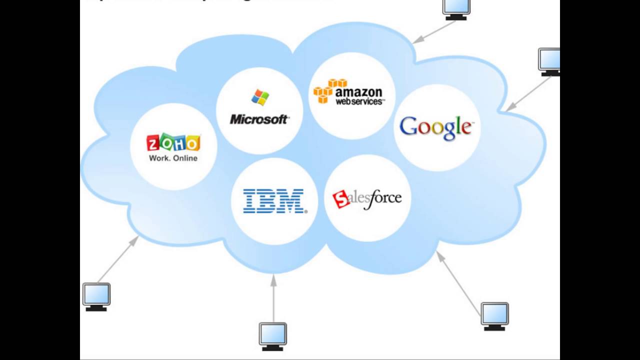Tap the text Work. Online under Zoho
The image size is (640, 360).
(x=173, y=158)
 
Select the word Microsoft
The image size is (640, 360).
(x=259, y=119)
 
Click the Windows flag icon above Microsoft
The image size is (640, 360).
(x=260, y=97)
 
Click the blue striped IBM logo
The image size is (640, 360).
(x=274, y=201)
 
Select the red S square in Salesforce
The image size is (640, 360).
(x=341, y=199)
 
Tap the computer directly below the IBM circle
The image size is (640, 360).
(x=273, y=336)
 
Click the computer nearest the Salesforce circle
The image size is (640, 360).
(x=494, y=316)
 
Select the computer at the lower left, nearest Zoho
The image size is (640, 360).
(x=96, y=296)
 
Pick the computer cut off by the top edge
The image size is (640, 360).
(x=456, y=9)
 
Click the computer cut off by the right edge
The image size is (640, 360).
(x=549, y=61)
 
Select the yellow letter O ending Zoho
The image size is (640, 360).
(x=192, y=143)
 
